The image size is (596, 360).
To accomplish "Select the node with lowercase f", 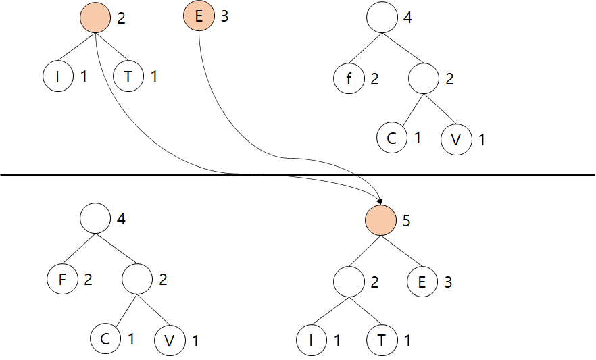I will [349, 80].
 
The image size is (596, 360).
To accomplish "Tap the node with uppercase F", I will [63, 279].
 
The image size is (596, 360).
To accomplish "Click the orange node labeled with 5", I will [380, 221].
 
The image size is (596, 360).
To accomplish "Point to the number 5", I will [407, 221].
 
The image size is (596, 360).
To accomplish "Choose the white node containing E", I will [422, 282].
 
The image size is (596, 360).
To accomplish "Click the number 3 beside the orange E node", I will [224, 17].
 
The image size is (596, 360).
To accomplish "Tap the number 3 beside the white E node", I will [448, 282].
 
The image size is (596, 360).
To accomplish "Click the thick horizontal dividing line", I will [135, 175].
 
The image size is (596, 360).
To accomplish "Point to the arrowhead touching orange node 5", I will [380, 202].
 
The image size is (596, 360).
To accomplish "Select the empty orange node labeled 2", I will [95, 18].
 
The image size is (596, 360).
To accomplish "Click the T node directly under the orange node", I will [128, 77].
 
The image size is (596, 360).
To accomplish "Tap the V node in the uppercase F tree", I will [170, 341].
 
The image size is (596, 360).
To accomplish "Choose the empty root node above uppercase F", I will [95, 218].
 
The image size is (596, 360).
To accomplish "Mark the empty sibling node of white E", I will [349, 279].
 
